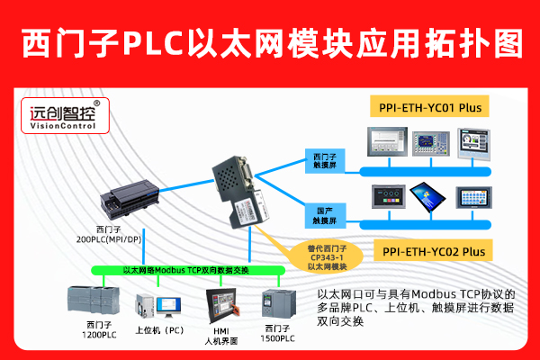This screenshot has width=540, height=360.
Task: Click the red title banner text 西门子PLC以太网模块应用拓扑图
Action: tap(270, 40)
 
